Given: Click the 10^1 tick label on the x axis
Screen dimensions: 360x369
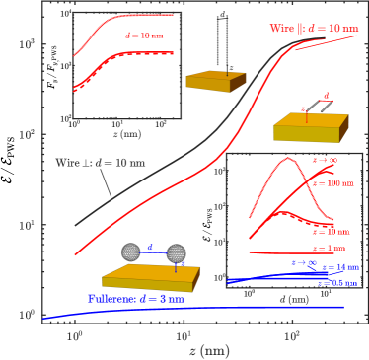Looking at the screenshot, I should [184, 333].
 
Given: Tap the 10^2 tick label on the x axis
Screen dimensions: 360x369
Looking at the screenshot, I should [292, 333].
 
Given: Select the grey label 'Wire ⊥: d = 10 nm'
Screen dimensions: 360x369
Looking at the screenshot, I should [99, 163].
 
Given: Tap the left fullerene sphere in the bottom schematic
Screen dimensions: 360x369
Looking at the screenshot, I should [130, 252].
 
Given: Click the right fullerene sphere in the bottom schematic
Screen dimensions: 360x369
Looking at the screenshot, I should [178, 252].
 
